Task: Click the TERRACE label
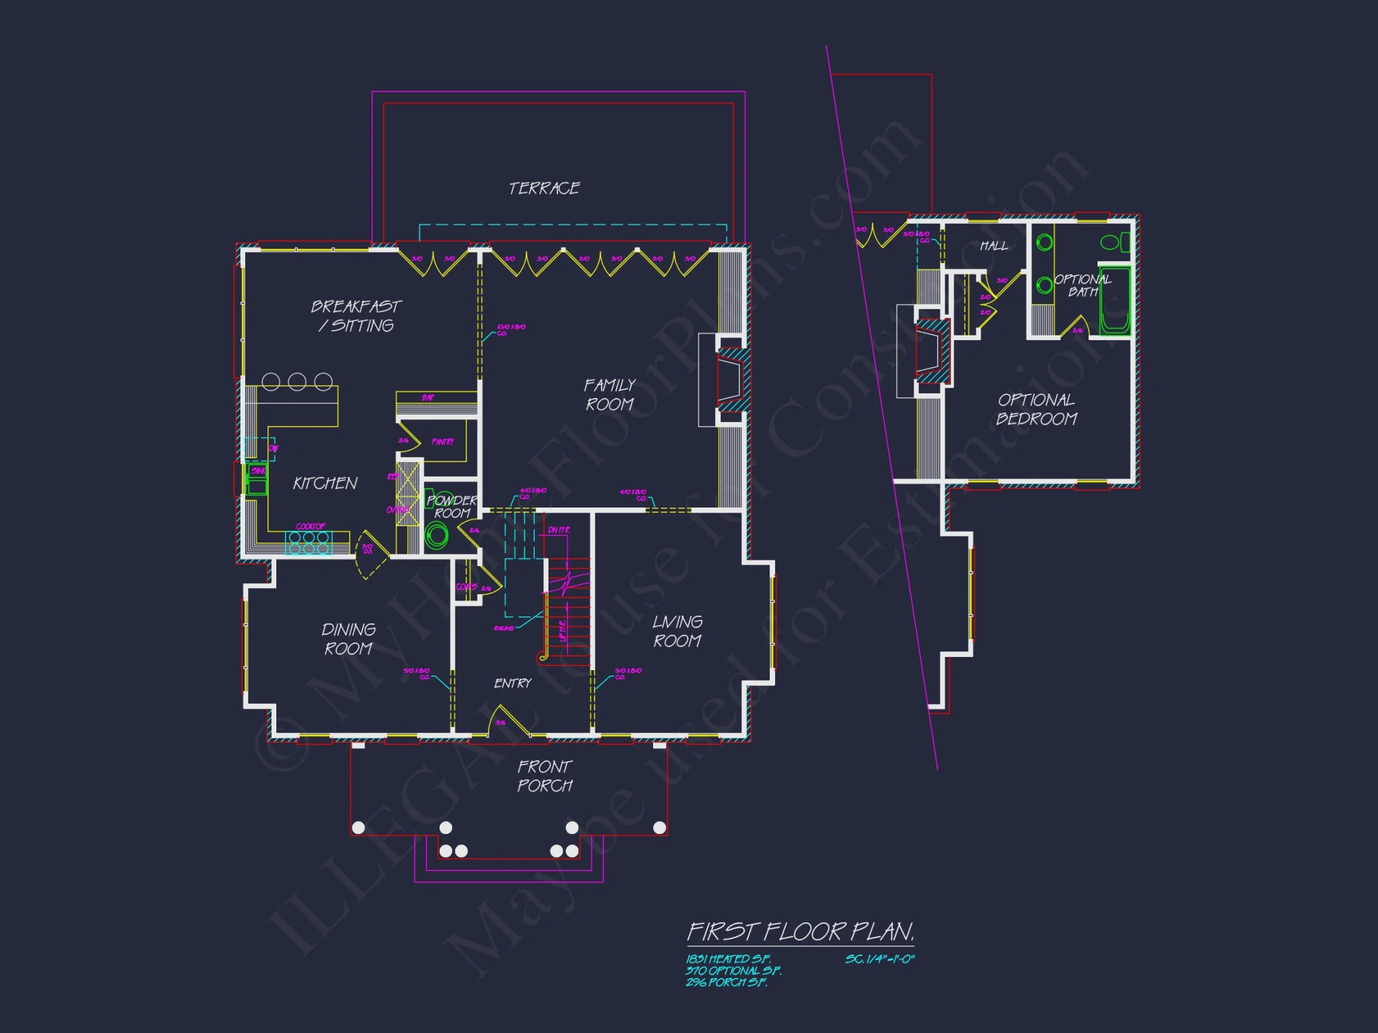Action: [544, 188]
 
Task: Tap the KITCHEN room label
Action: [325, 483]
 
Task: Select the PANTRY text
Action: [442, 441]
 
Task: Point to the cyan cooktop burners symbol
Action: [308, 543]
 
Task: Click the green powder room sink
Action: [436, 534]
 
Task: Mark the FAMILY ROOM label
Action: [610, 395]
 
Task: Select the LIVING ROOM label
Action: [677, 631]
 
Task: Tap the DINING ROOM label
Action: [349, 639]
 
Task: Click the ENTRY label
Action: [513, 683]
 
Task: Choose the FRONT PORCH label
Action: [544, 776]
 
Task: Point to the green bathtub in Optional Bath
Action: [1114, 301]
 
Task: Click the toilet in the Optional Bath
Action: [1114, 242]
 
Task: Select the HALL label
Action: [994, 246]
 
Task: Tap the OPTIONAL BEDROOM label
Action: [1036, 409]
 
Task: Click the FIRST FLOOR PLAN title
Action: [801, 932]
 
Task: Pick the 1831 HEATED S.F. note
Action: [728, 959]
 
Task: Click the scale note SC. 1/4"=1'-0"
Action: [880, 959]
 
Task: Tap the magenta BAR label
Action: [428, 398]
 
